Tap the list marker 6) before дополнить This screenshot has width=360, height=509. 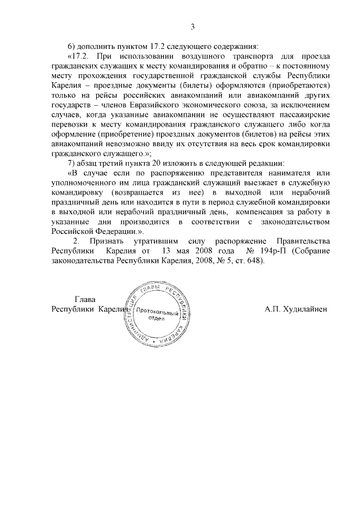click(71, 47)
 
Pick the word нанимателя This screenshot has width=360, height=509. click(282, 173)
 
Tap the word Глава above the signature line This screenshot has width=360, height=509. click(85, 299)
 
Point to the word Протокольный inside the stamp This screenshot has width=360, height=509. click(157, 310)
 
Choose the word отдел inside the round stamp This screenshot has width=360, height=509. click(156, 318)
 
